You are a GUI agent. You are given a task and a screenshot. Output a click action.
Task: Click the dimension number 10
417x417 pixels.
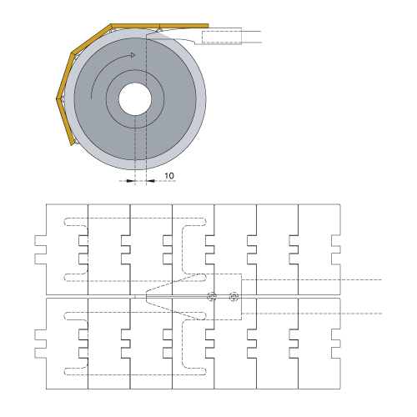pos(169,176)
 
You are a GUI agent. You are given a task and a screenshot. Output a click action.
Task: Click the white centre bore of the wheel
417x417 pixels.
pos(135,99)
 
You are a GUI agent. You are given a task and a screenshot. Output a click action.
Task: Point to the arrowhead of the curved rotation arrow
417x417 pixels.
pos(133,55)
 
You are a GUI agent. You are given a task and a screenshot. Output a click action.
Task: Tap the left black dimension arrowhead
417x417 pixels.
pos(131,181)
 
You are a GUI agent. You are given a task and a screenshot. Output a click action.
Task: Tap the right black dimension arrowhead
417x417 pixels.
pos(151,181)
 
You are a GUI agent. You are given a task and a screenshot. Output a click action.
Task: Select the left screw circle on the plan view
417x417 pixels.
pos(212,297)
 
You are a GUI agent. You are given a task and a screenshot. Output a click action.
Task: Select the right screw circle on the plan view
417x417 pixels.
pos(234,297)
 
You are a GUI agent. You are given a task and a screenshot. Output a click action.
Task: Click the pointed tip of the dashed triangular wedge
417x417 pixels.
pos(147,297)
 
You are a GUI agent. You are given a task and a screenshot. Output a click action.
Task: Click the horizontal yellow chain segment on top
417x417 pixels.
pos(159,26)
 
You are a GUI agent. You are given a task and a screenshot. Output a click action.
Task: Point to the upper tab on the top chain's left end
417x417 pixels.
pos(41,240)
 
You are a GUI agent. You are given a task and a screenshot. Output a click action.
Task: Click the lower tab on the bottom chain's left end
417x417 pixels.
pos(41,353)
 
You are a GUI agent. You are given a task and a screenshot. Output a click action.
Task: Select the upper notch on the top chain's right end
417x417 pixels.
pos(336,240)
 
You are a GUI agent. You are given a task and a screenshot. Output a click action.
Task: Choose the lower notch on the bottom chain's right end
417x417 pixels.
pos(336,353)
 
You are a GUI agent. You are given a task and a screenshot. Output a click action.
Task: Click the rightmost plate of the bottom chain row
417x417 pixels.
pos(319,344)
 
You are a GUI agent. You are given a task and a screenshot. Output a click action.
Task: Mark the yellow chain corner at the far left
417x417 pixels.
pos(58,98)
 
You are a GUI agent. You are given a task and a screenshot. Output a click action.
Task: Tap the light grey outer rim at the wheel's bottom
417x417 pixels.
pos(136,165)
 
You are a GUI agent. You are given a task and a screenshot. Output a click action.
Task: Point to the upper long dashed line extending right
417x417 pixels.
pos(311,279)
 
